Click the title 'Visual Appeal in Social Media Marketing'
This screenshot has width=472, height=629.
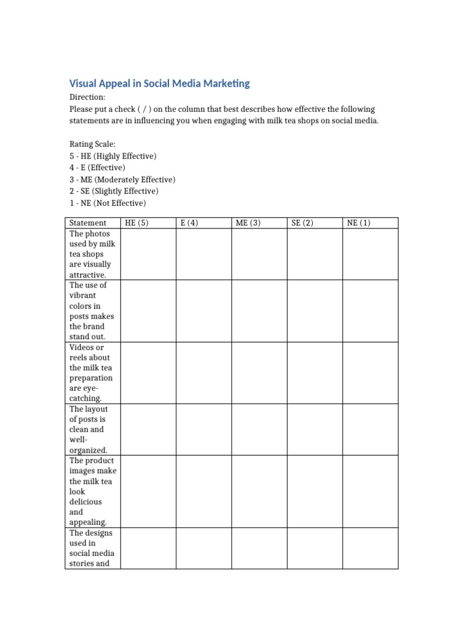159,84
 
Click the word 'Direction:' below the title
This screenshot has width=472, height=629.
87,97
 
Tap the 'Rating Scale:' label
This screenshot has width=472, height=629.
93,144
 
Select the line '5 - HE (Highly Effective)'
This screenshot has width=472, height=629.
113,156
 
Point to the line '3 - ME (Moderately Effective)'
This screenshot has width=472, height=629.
122,179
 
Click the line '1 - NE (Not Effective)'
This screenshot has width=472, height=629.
108,203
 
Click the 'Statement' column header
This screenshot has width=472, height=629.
88,223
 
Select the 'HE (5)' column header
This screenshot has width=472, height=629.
136,223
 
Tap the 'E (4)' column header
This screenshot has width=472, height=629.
189,223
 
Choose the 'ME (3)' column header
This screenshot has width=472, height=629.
248,223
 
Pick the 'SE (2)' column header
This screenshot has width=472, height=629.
302,223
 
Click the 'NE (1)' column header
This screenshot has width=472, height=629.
359,223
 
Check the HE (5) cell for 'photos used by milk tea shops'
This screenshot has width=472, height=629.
148,254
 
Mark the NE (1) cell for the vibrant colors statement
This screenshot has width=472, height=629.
370,311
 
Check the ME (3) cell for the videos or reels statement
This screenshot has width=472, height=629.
259,373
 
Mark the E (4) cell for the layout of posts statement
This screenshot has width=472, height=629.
203,429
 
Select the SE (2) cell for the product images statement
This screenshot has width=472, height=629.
315,491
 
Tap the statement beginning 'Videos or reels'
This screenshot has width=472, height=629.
92,373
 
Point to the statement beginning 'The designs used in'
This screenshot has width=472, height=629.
92,548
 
